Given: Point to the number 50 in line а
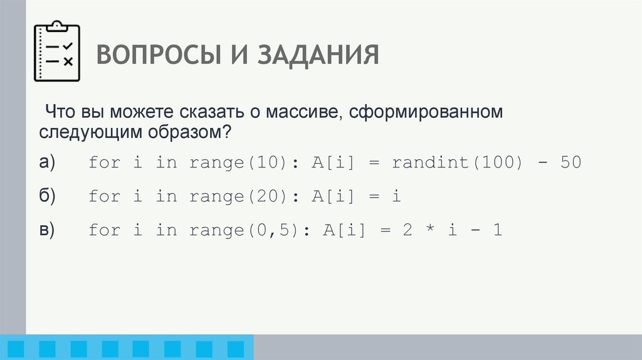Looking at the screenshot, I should (x=571, y=163).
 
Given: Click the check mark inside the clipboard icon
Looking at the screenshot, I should (x=68, y=47).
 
